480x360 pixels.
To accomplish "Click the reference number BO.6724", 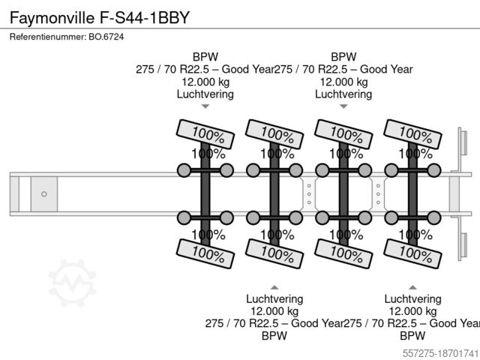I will tap(67, 37).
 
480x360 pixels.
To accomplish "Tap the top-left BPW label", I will tap(205, 56).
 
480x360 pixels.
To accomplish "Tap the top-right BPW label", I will tap(343, 56).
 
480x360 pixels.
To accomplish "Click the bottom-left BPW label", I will tap(274, 336).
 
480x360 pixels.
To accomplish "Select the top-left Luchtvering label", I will tap(205, 94).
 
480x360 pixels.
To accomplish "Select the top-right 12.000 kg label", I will tap(343, 82).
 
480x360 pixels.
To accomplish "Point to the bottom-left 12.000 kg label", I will tap(274, 310).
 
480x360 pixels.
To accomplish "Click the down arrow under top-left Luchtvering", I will tap(205, 107).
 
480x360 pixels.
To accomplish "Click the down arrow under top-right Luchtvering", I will tap(343, 107).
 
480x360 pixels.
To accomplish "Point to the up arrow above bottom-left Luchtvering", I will tap(274, 286).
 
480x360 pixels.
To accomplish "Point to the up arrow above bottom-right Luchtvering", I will tap(412, 286).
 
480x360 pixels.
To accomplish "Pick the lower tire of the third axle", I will tap(342, 253).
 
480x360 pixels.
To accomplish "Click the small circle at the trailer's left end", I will tap(44, 193).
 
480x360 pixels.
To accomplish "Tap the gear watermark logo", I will tap(73, 283).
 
